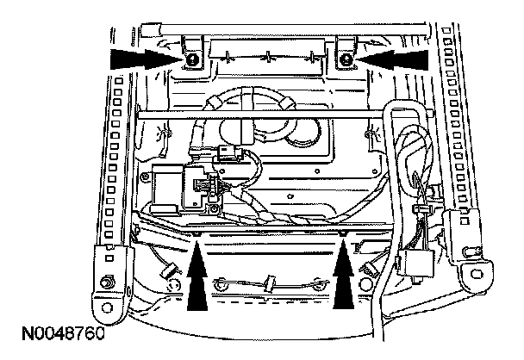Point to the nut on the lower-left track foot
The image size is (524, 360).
click(105, 282)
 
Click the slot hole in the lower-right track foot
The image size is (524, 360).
click(471, 272)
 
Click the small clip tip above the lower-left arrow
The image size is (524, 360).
click(197, 233)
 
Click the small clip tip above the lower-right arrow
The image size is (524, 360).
click(345, 233)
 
